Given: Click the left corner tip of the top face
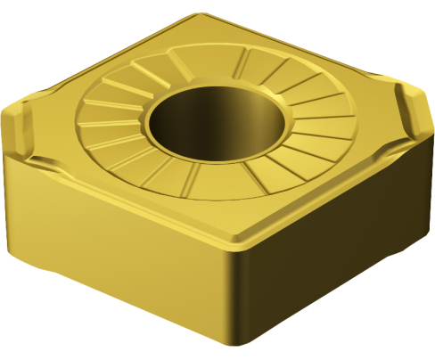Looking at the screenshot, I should pyautogui.click(x=11, y=110).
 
